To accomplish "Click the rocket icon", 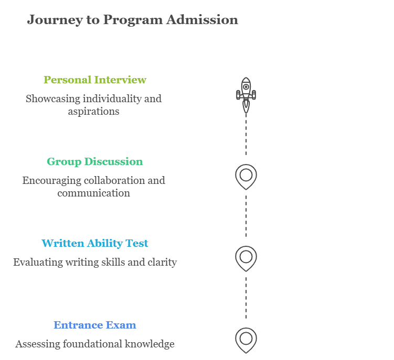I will (246, 95).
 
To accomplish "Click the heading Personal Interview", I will (94, 80).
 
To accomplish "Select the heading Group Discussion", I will (94, 161).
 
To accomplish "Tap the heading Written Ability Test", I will (94, 243).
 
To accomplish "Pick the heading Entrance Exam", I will (94, 325).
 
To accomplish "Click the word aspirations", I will (93, 111).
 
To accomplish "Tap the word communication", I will (93, 193).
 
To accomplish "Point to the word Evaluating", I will (35, 262).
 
